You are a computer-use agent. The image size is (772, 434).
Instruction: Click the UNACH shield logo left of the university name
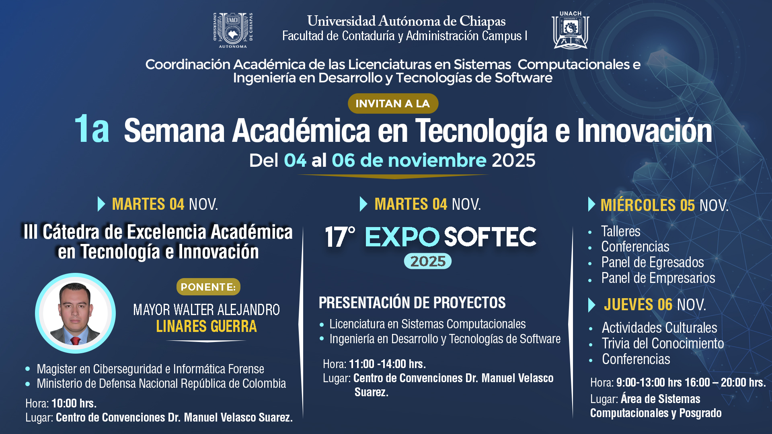[233, 30]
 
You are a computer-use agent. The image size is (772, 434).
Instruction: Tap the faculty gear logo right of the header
[571, 30]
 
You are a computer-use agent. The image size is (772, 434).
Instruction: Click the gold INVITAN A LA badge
[393, 104]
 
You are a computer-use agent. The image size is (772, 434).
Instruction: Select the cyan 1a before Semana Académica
[92, 129]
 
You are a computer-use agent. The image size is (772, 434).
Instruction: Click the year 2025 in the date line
[513, 161]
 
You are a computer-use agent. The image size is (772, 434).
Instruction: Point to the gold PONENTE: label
[208, 287]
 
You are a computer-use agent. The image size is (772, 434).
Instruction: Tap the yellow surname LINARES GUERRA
[206, 326]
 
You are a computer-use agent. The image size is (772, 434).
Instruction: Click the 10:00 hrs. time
[74, 403]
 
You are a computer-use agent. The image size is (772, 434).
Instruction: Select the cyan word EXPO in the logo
[402, 237]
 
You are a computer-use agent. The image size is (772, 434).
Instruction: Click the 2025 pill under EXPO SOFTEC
[428, 262]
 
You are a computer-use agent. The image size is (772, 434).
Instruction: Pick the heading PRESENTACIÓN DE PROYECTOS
[412, 303]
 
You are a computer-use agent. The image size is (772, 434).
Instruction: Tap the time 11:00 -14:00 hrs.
[387, 364]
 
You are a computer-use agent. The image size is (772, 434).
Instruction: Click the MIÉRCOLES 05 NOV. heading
[664, 205]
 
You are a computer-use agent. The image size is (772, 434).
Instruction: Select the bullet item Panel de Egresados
[653, 262]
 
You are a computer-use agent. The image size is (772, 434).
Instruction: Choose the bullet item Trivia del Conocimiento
[663, 344]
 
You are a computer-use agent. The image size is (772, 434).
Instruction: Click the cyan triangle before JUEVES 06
[591, 305]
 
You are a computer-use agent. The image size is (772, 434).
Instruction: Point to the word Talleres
[621, 231]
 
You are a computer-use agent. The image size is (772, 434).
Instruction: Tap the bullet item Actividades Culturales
[659, 328]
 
